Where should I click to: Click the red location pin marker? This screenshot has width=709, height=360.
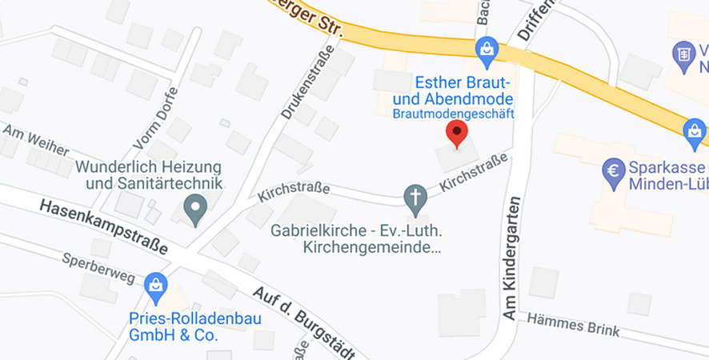tap(456, 134)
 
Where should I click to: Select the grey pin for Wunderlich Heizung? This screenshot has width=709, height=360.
tap(194, 210)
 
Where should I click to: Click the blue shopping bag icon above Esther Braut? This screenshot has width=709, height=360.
tap(487, 51)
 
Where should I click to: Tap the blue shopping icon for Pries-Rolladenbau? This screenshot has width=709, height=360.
tap(155, 285)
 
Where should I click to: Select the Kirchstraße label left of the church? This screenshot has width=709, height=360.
tap(294, 192)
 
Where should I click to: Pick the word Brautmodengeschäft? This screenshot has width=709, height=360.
tap(452, 114)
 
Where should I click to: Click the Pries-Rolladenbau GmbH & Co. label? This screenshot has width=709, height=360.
tap(174, 326)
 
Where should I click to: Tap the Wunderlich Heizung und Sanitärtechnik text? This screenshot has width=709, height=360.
tap(149, 175)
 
